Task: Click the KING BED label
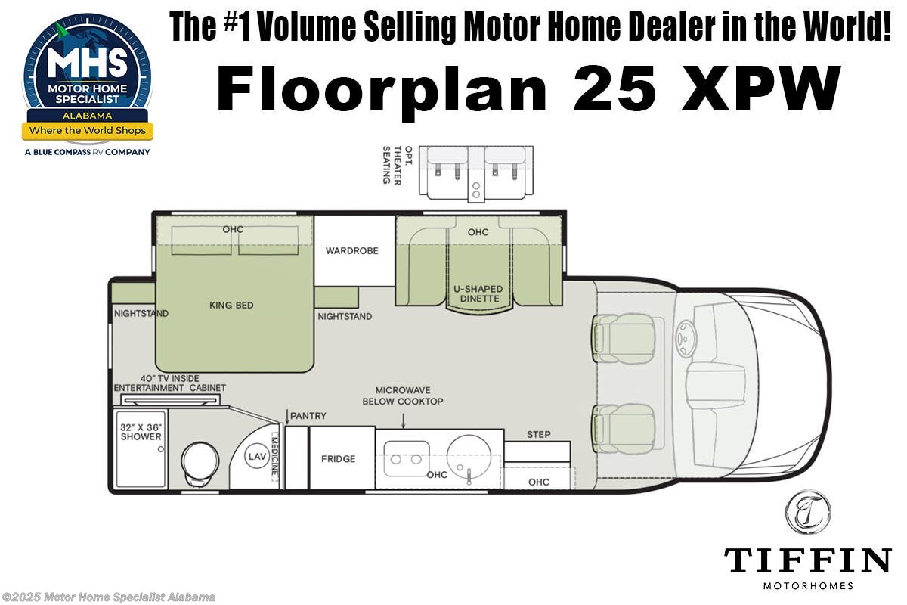click(231, 306)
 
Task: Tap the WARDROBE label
click(351, 250)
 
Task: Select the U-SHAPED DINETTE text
click(478, 294)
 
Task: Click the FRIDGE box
click(338, 458)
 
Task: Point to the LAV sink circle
click(255, 456)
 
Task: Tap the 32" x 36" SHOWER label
click(141, 432)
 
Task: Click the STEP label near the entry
click(538, 434)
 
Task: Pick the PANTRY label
click(308, 416)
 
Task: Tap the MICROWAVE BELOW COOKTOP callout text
click(402, 396)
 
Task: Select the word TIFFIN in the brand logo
click(807, 561)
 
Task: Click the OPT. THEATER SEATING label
click(392, 164)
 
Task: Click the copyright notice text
click(108, 597)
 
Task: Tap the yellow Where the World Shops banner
click(87, 130)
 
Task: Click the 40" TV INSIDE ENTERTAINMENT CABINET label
click(169, 383)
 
